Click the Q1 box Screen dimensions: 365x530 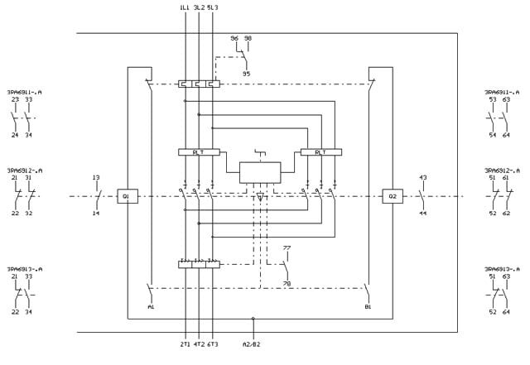click(127, 196)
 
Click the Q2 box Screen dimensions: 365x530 click(392, 196)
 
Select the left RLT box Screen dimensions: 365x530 click(199, 152)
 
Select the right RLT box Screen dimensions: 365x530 click(320, 152)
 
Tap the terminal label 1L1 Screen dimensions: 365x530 click(184, 7)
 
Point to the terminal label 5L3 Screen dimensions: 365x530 click(213, 7)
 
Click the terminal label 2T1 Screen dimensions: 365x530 click(185, 343)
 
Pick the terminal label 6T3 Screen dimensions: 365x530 click(213, 343)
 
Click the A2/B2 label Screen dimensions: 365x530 click(252, 343)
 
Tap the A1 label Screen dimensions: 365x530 click(151, 307)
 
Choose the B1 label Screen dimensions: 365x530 click(367, 307)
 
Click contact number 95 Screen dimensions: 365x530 click(246, 74)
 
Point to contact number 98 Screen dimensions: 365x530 click(248, 38)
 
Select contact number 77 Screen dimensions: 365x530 click(287, 248)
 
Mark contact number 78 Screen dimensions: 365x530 click(287, 284)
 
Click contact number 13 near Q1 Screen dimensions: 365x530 click(96, 178)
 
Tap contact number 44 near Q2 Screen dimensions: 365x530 click(422, 214)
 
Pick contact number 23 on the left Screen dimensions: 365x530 click(15, 99)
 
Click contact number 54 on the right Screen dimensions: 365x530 click(493, 135)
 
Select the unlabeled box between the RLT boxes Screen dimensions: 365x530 click(260, 172)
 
